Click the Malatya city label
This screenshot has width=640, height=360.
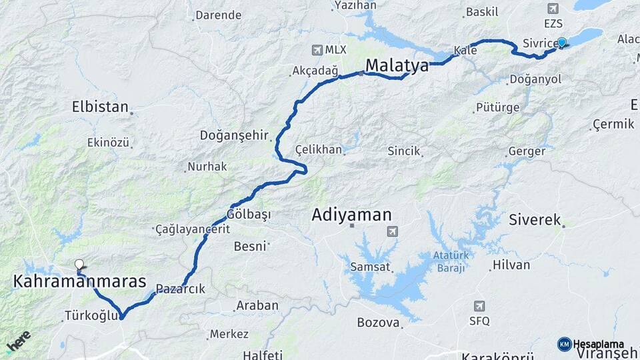pos(397,66)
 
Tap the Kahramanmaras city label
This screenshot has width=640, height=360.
pos(79,282)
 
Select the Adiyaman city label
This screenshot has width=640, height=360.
pos(351,215)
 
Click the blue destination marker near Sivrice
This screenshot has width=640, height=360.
pos(562,43)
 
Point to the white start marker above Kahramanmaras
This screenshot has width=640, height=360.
pos(79,265)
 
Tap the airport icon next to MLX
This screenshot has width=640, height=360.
pos(317,49)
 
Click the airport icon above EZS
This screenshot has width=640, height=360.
pos(552,9)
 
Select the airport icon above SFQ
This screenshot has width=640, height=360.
pos(479,306)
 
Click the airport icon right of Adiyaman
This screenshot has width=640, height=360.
pos(391,231)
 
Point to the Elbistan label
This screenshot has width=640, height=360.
pos(100,107)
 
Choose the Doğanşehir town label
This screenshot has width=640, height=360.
pos(234,135)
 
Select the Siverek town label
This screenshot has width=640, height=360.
pos(535,219)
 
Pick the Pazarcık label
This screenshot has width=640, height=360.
pos(181,289)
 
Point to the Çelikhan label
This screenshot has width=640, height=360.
pos(318,149)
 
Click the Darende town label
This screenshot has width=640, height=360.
pos(217,15)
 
